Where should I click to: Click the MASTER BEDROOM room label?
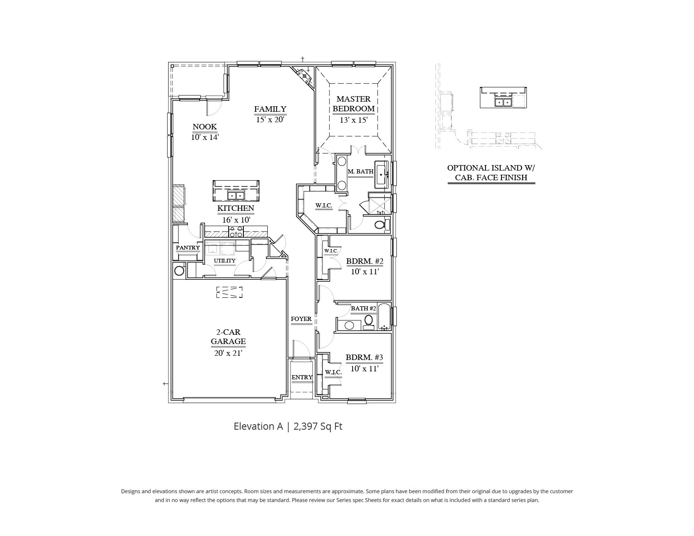[354, 104]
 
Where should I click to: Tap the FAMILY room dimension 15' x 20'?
[270, 119]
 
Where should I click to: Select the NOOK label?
[205, 126]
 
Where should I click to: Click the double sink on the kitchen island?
[236, 196]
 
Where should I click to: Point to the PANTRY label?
[188, 247]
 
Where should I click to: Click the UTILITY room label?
[224, 261]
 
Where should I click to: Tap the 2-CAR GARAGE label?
[228, 337]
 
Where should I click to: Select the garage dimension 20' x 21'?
[228, 353]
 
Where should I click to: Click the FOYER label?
[301, 319]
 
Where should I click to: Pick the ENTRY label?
[302, 377]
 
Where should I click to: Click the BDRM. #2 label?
[364, 261]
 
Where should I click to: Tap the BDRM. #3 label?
[364, 357]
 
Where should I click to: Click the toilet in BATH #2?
[369, 321]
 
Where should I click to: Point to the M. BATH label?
[361, 171]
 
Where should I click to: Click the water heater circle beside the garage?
[179, 270]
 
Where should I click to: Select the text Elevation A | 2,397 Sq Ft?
[288, 426]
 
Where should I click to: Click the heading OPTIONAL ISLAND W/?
[491, 168]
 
